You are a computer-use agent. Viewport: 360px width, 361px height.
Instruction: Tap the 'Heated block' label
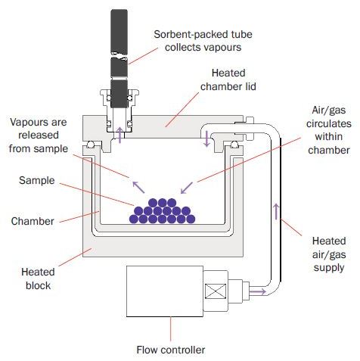(x=37, y=268)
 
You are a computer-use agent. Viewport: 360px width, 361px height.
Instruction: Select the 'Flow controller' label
(x=170, y=349)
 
